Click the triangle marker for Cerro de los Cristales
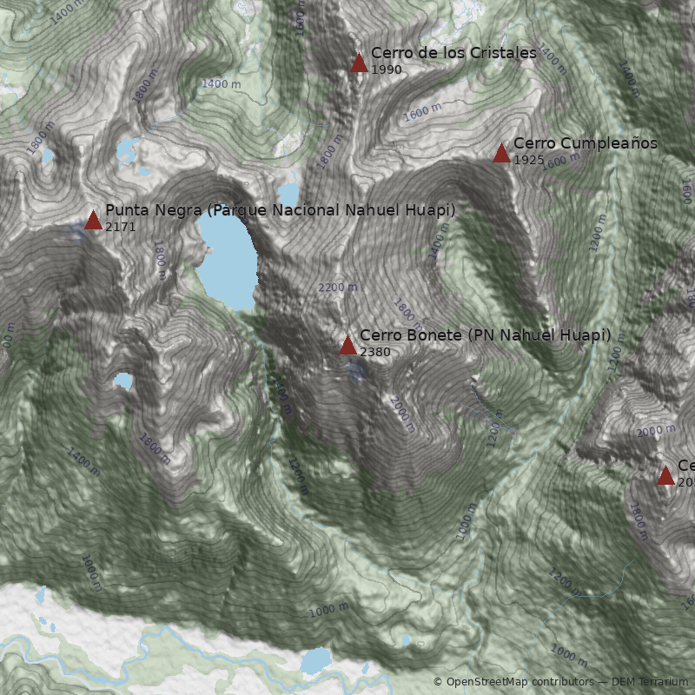click(359, 63)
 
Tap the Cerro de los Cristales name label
click(453, 53)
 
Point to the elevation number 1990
click(387, 69)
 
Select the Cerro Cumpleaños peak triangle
click(501, 154)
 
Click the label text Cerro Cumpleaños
click(585, 143)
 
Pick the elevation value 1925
click(529, 161)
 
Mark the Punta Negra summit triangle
click(93, 220)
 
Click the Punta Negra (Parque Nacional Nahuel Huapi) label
click(280, 210)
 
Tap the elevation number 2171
click(120, 227)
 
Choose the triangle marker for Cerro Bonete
click(347, 346)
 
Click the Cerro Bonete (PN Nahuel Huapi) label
click(485, 335)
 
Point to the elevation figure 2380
click(374, 352)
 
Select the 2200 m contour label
click(337, 288)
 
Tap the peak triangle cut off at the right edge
click(665, 475)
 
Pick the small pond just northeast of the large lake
click(288, 193)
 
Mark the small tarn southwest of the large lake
click(123, 381)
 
